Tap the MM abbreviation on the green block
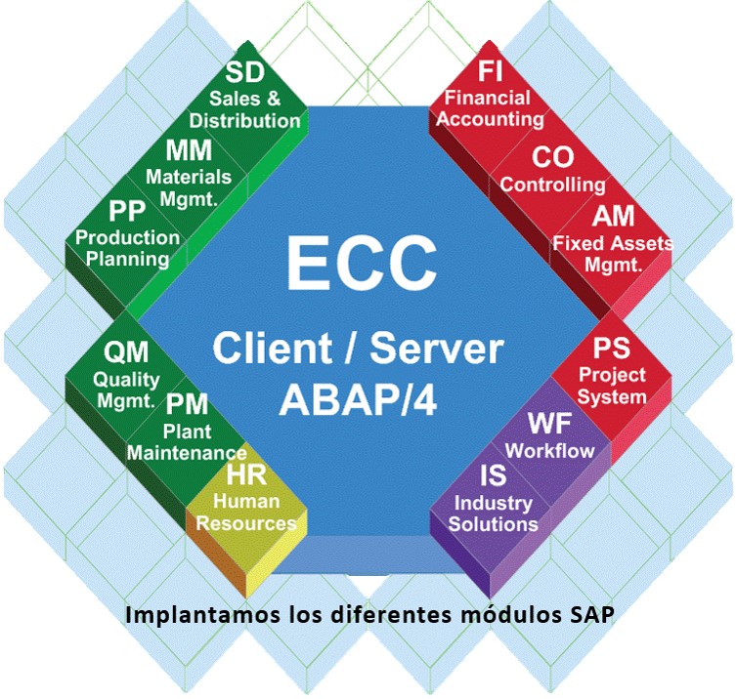tap(189, 151)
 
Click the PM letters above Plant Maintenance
tap(186, 404)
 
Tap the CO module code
tap(551, 156)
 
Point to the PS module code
tap(613, 349)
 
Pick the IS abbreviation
tap(492, 476)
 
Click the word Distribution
tap(244, 121)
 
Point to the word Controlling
tap(552, 185)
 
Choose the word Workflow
tap(549, 451)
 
